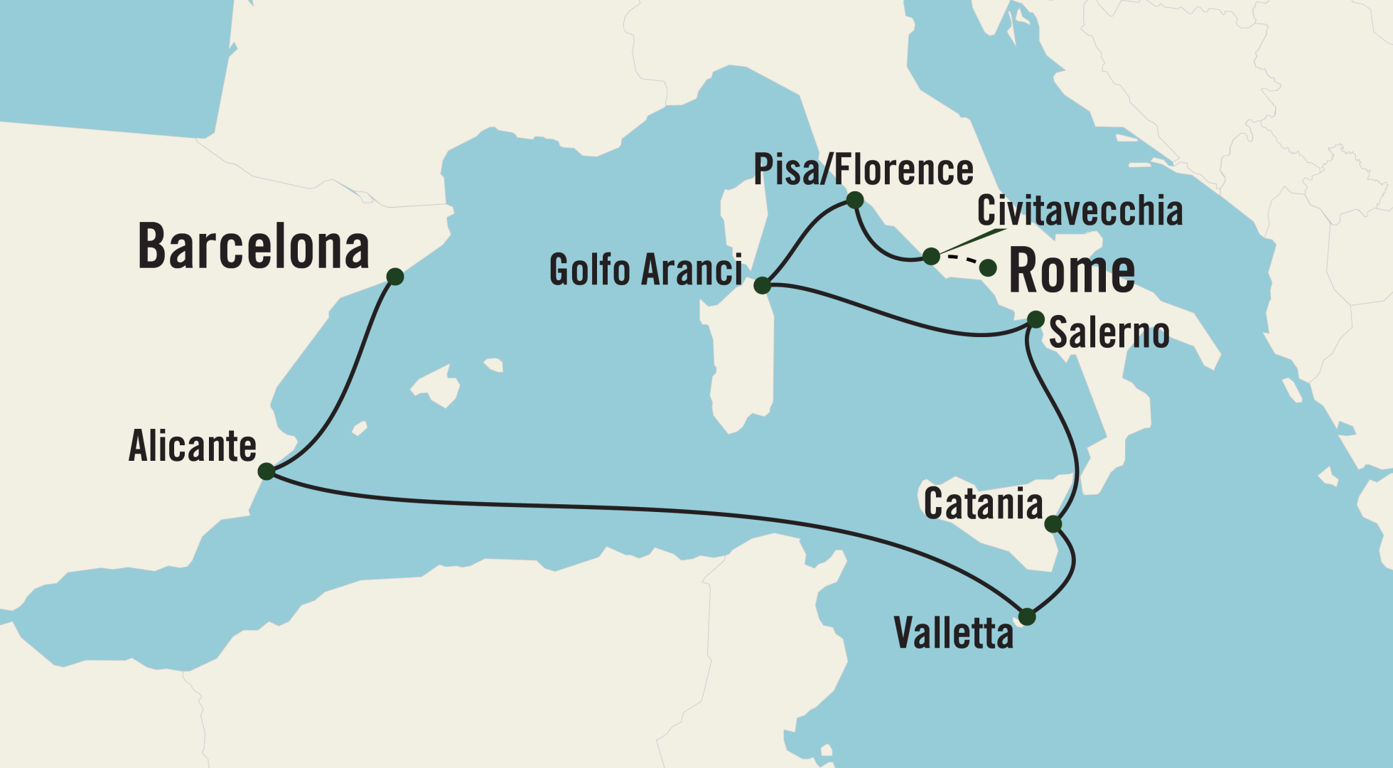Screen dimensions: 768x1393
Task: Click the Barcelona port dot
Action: [395, 277]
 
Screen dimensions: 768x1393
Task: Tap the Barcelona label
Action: [253, 247]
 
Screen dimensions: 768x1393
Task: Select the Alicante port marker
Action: [267, 471]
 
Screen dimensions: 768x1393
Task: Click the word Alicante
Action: [192, 447]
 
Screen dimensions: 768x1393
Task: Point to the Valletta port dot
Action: [1027, 617]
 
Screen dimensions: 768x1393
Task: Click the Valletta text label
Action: [953, 633]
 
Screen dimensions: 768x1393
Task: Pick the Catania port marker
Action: [1053, 524]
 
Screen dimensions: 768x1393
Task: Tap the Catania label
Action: [983, 504]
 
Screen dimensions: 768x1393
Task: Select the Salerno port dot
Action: [1036, 319]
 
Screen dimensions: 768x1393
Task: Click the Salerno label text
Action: [1109, 333]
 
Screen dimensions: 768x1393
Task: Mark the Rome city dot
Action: [988, 268]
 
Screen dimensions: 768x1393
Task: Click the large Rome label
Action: [1072, 271]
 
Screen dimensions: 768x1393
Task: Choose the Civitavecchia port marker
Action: [931, 256]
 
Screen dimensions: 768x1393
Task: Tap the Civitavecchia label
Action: [1080, 210]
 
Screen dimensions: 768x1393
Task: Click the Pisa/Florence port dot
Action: [855, 201]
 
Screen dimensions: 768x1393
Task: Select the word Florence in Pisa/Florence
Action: [903, 170]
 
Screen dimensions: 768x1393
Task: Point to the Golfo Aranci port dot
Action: [762, 286]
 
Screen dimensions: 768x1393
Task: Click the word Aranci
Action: [690, 270]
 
